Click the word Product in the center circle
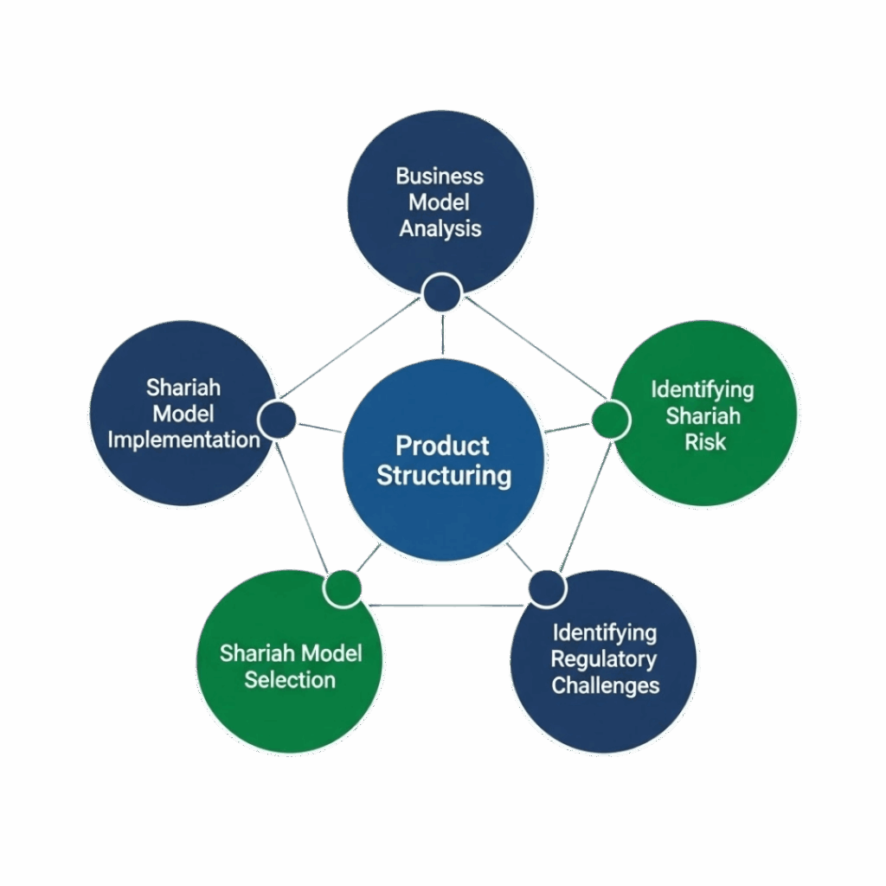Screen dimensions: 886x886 [x=442, y=446]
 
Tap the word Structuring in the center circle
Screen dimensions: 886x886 [x=444, y=475]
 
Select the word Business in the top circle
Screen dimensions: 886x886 [x=440, y=177]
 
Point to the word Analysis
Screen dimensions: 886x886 [x=440, y=229]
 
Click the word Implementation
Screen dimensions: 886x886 [x=184, y=440]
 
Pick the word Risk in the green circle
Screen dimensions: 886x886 [x=704, y=442]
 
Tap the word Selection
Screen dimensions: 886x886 [x=289, y=679]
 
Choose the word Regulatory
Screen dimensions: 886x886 [x=604, y=659]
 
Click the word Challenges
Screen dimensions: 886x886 [x=606, y=686]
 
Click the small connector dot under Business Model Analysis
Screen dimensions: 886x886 [x=443, y=293]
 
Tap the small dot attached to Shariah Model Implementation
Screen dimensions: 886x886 [x=278, y=420]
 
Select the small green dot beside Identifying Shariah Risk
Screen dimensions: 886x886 [x=610, y=420]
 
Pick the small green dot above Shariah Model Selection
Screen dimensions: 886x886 [x=343, y=588]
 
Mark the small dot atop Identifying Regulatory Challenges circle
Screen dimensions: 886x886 [x=546, y=588]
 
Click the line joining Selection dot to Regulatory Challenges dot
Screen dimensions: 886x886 [x=444, y=605]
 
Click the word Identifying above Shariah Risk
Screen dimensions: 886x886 [x=703, y=389]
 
